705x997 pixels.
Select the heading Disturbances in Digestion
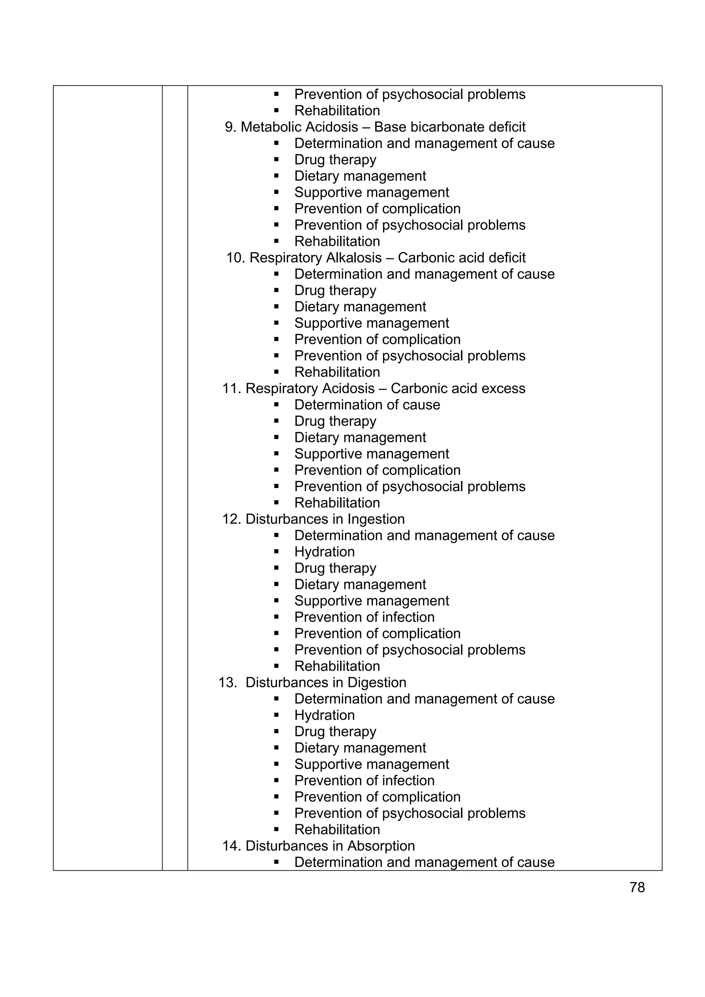325,682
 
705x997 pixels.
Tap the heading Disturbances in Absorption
330,846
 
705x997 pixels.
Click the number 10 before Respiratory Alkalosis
235,257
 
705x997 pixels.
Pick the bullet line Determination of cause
367,405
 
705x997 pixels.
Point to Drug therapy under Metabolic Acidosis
335,159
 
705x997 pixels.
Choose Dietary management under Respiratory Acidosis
360,437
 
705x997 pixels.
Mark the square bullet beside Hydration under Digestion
276,715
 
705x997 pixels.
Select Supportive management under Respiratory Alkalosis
371,323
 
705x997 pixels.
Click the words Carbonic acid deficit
461,257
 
